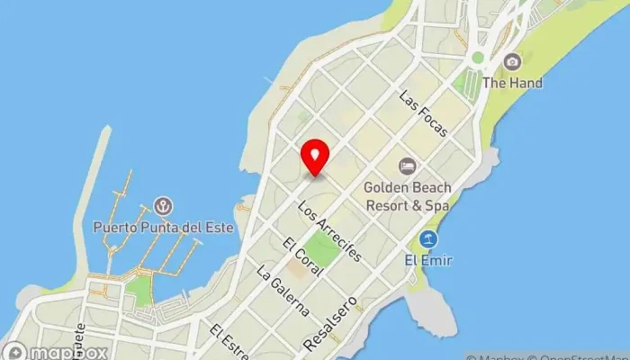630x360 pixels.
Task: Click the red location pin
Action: (x=315, y=158)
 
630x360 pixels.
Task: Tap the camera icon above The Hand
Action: (x=512, y=61)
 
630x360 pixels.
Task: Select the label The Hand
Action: (x=512, y=83)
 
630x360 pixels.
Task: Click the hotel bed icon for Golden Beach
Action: (x=407, y=166)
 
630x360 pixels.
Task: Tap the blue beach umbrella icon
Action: (x=428, y=239)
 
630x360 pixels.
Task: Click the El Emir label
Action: (x=428, y=261)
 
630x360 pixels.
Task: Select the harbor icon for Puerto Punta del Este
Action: (x=163, y=206)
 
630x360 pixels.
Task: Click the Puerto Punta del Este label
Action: (x=163, y=227)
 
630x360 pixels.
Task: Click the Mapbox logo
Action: (x=56, y=351)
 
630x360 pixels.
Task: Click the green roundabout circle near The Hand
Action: (x=477, y=58)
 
